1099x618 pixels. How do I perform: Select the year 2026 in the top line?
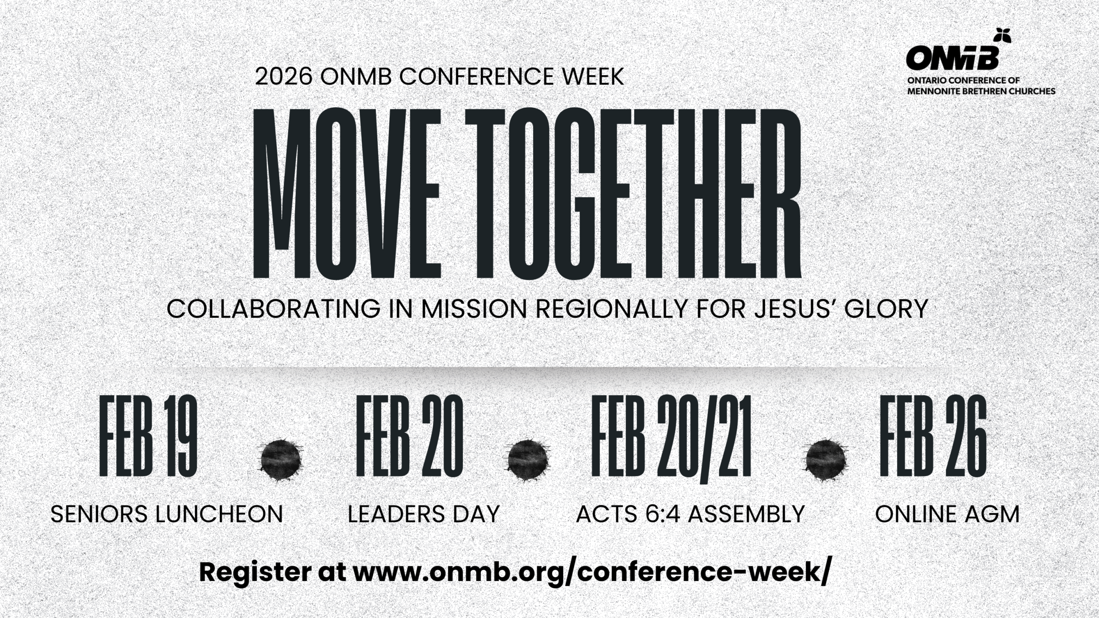[283, 76]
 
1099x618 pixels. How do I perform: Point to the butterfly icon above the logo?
[1002, 35]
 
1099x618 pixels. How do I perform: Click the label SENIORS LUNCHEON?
[167, 514]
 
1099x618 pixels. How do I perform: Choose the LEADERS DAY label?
[424, 514]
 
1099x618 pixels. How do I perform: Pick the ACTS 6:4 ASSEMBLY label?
[690, 514]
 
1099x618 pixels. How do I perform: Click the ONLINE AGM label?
[947, 514]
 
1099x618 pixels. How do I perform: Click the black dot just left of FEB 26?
[826, 460]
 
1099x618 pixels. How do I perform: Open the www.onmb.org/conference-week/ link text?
[591, 572]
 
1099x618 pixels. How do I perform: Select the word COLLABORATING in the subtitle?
[273, 309]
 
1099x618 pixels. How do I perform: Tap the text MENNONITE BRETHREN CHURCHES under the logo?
[981, 91]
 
